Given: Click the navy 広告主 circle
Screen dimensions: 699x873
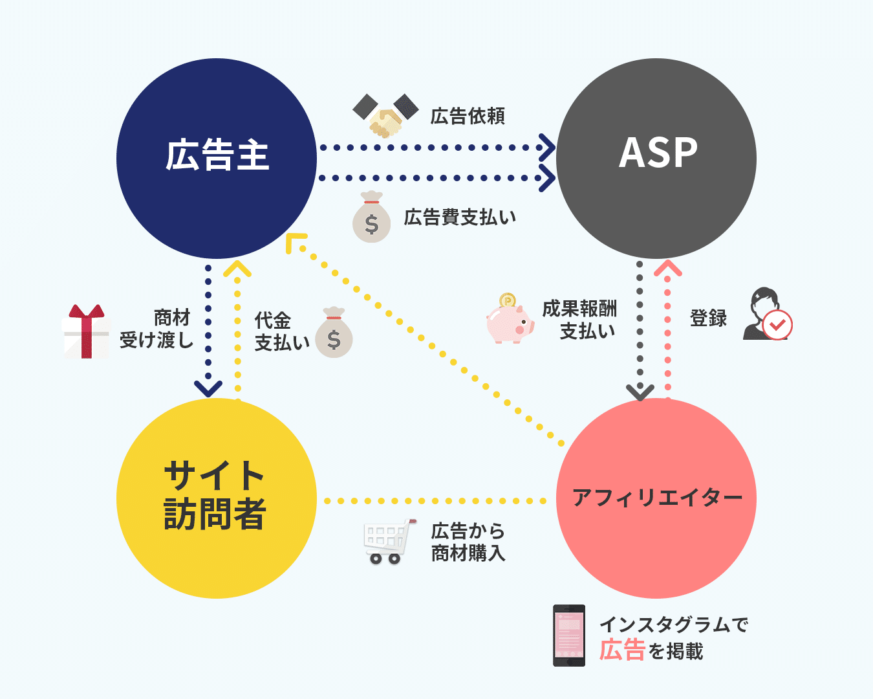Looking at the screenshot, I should [217, 158].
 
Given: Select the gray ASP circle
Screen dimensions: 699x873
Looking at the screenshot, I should [656, 158].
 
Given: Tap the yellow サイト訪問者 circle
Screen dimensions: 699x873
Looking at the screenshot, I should [217, 498].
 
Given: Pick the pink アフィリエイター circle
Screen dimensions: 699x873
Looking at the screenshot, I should [656, 498].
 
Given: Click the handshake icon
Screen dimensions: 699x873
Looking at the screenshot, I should [386, 115].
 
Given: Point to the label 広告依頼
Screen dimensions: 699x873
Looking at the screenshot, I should [467, 116].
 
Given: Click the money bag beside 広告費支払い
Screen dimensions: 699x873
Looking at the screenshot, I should [371, 217].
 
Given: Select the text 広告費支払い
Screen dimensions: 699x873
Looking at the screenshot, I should [460, 217].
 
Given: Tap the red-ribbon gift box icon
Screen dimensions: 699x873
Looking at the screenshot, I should [86, 331].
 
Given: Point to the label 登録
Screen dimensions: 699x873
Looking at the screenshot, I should [708, 318].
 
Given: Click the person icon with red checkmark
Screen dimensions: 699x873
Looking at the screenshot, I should [767, 315].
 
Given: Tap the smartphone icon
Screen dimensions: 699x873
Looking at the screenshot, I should [569, 635].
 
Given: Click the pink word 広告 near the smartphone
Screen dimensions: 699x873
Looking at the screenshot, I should [622, 650].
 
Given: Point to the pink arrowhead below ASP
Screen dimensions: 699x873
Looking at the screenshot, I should [668, 268].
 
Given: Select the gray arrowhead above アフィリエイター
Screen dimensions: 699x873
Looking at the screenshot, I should [640, 392].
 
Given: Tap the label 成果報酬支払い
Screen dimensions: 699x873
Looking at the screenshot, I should [579, 320].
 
